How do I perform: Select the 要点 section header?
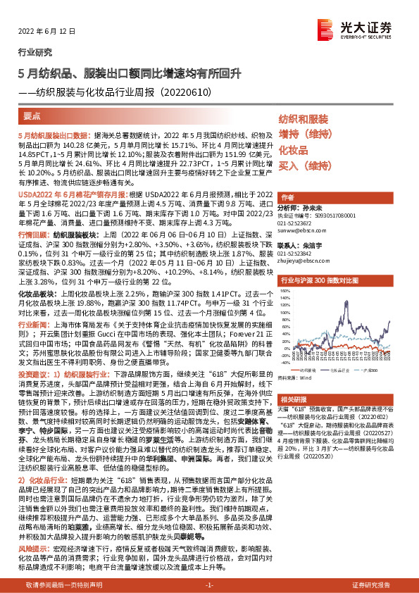coord(32,117)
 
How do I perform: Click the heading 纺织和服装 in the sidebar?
coord(304,119)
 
